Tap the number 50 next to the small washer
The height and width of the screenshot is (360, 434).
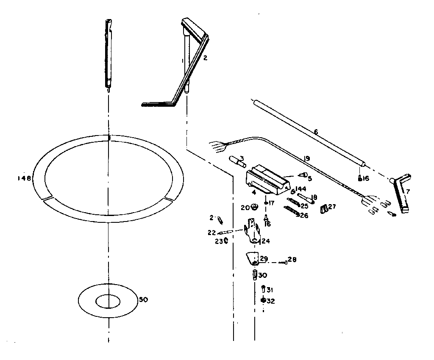tap(143, 300)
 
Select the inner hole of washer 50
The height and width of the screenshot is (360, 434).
tap(108, 302)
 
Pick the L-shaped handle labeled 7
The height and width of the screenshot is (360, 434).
tap(401, 193)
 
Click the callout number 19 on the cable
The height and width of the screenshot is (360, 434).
tap(307, 158)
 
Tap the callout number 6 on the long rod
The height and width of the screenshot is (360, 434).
tap(315, 132)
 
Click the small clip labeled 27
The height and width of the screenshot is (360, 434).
tap(324, 208)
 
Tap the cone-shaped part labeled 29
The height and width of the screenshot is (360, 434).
tap(253, 258)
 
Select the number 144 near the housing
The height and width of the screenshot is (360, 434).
tap(301, 188)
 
